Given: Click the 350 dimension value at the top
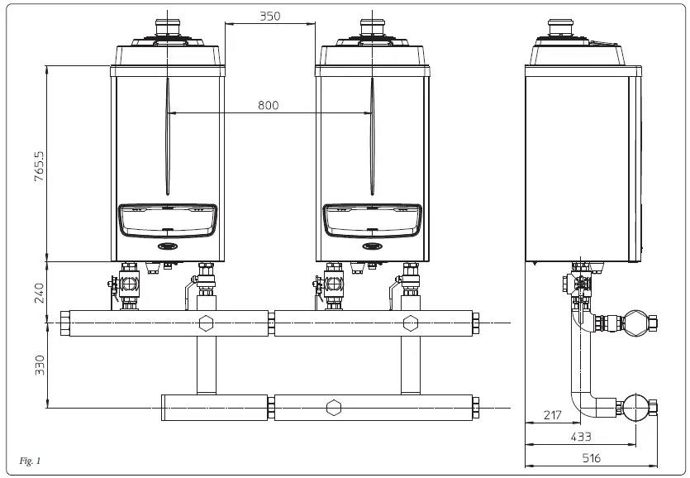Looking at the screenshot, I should [269, 16].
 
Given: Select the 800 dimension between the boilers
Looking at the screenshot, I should [268, 105].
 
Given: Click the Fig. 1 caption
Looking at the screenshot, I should [29, 460].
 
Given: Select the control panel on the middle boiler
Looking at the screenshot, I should [371, 219].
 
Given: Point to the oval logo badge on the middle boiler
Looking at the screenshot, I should [371, 246].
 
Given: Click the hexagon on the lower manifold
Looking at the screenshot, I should [333, 408].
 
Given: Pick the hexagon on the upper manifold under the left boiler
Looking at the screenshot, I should [206, 323].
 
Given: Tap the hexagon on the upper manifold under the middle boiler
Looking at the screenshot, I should [410, 323].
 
